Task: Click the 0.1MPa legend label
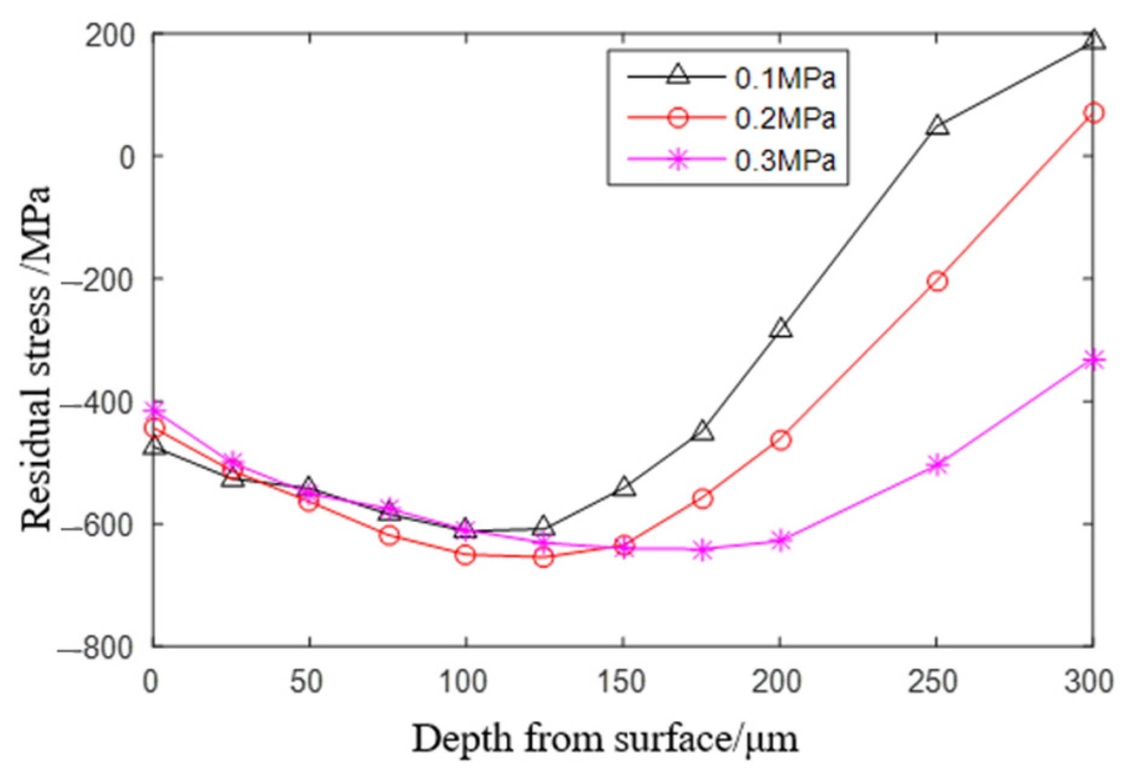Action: [784, 79]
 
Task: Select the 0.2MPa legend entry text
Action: [784, 119]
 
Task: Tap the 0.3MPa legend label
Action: [784, 161]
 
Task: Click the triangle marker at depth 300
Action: [1094, 40]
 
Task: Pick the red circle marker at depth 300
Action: [1093, 113]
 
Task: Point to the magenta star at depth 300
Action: [1093, 360]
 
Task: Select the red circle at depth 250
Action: [937, 281]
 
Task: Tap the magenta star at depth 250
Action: [937, 465]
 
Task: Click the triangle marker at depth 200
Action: [781, 329]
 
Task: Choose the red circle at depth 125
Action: [543, 558]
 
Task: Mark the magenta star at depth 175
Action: [702, 550]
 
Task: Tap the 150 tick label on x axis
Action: [621, 683]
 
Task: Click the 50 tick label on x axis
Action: [307, 683]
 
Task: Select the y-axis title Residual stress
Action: [36, 359]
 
